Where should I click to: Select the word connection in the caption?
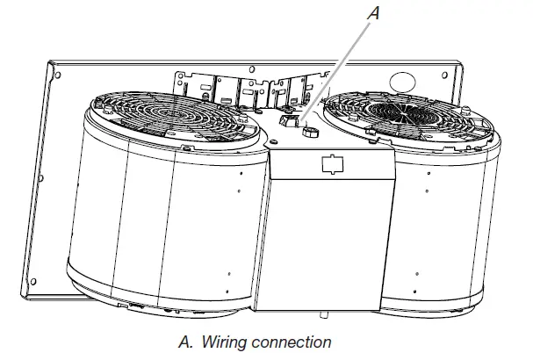point(296,342)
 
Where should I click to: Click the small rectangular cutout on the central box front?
point(330,163)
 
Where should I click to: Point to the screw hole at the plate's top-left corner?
point(56,76)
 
